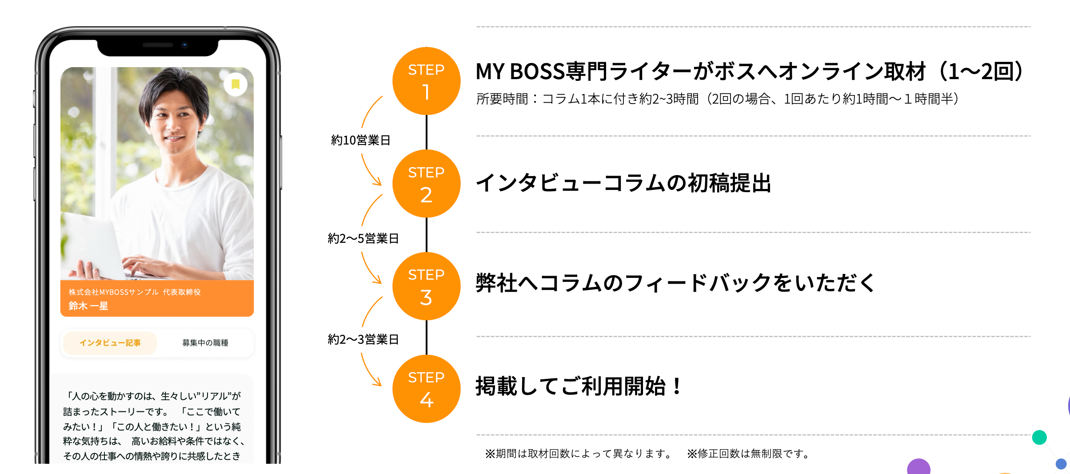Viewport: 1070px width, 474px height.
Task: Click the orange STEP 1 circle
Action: tap(426, 81)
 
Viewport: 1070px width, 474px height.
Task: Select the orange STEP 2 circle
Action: tap(426, 184)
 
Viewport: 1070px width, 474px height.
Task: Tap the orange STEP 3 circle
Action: tap(426, 286)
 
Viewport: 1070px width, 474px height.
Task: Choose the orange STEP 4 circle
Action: tap(426, 389)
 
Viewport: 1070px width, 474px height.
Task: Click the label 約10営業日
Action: tap(360, 141)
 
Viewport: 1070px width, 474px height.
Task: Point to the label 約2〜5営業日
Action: tap(363, 239)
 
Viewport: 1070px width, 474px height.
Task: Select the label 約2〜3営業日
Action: tap(363, 340)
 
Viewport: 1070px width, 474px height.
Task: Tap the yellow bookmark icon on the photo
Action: tap(236, 84)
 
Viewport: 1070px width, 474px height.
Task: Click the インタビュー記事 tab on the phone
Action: tap(110, 343)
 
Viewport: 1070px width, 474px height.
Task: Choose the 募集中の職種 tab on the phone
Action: tap(205, 343)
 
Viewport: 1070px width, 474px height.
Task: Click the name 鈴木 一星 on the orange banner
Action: tap(88, 306)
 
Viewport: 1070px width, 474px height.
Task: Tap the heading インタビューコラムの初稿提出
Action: tap(623, 183)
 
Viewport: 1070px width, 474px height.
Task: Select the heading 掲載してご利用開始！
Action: tap(578, 386)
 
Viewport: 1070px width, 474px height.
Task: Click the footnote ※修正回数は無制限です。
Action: tap(749, 454)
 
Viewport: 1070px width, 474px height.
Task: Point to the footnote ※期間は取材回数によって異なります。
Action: tap(579, 454)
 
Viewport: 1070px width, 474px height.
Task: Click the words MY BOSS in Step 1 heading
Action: tap(519, 72)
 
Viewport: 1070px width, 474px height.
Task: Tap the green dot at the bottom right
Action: tap(1039, 438)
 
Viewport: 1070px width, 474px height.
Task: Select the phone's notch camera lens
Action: tap(184, 45)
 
